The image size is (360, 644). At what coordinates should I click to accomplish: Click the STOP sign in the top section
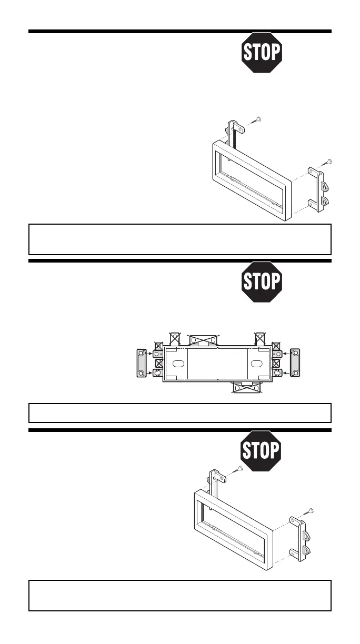point(262,53)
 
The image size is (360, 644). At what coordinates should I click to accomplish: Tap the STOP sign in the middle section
point(262,281)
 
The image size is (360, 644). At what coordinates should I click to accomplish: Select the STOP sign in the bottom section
point(261,451)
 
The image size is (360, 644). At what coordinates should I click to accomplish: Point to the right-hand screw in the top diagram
point(327,162)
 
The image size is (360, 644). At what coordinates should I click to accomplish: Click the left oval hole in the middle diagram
point(177,364)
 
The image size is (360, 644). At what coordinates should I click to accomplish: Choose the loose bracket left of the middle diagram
point(141,364)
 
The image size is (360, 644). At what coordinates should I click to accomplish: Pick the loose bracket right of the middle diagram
point(295,363)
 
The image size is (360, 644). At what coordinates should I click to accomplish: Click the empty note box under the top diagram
point(179,239)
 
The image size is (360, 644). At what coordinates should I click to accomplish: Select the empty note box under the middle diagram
point(179,413)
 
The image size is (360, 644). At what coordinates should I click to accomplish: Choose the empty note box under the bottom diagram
point(179,596)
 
